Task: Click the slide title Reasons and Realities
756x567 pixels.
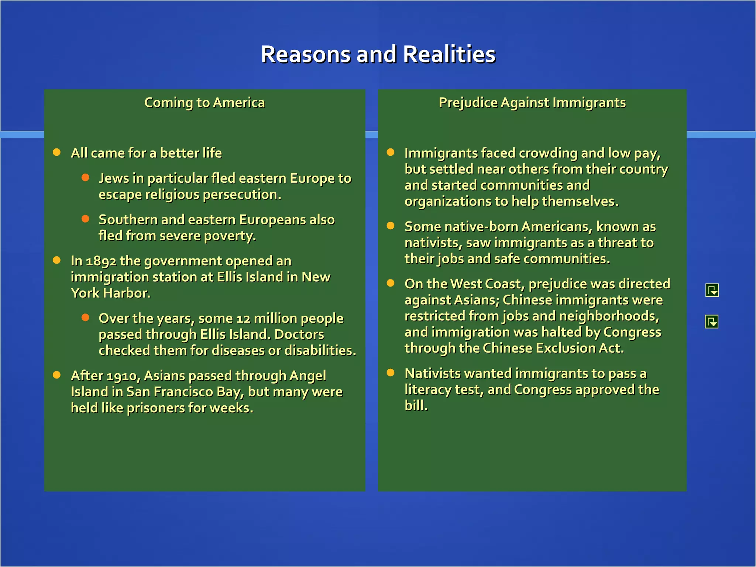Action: pyautogui.click(x=378, y=54)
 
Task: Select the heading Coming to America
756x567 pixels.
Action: pyautogui.click(x=205, y=103)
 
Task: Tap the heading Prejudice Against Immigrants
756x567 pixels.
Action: pyautogui.click(x=532, y=103)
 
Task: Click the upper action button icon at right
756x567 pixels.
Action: pyautogui.click(x=712, y=290)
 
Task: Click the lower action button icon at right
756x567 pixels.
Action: pyautogui.click(x=711, y=322)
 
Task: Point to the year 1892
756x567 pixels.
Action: pyautogui.click(x=101, y=261)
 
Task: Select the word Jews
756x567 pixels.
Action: pyautogui.click(x=113, y=178)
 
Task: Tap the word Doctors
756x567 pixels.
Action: pyautogui.click(x=299, y=334)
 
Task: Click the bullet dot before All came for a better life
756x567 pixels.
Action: pyautogui.click(x=57, y=152)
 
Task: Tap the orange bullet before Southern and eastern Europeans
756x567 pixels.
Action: pyautogui.click(x=85, y=219)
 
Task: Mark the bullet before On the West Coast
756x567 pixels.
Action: pyautogui.click(x=391, y=283)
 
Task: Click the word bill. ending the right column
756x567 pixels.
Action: pyautogui.click(x=416, y=406)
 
